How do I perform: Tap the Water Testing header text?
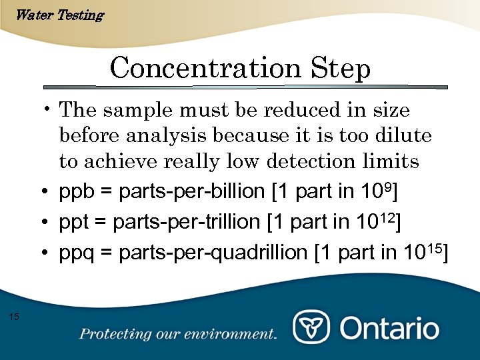[x=59, y=15]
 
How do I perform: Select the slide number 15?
[x=15, y=316]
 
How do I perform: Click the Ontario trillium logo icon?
[x=312, y=327]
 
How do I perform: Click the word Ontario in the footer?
[x=390, y=328]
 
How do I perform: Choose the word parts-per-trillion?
[x=187, y=223]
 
